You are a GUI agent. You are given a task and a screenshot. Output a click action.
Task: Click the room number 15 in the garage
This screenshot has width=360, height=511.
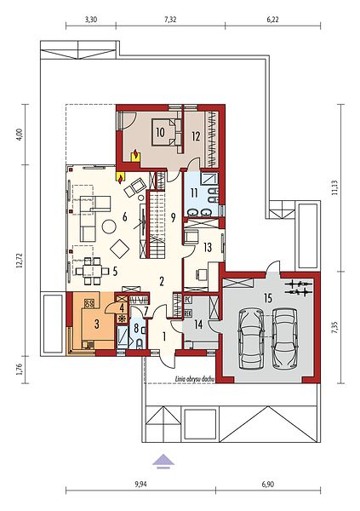tap(268, 298)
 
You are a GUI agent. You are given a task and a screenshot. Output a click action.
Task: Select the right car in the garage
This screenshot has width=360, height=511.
tap(285, 339)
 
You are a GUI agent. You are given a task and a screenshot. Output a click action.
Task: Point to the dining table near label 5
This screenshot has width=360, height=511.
tap(92, 271)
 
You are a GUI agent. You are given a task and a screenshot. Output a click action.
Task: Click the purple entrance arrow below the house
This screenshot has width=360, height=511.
tap(164, 462)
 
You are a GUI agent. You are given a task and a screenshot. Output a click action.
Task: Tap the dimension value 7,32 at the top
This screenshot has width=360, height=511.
tap(170, 20)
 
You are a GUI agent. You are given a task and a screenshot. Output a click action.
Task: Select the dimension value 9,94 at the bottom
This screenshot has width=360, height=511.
tap(140, 484)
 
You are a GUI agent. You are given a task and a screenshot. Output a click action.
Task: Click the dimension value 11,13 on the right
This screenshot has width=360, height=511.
tap(334, 187)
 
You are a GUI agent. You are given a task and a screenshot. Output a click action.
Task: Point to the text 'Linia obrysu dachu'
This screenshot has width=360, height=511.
tap(194, 379)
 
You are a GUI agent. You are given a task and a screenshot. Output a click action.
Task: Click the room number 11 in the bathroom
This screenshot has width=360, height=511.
tap(194, 193)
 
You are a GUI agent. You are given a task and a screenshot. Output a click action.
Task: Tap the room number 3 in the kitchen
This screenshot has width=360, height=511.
tap(96, 324)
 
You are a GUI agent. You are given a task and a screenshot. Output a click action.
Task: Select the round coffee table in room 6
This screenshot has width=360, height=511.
tap(109, 227)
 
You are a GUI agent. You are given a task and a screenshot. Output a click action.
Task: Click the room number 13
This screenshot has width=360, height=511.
tap(208, 247)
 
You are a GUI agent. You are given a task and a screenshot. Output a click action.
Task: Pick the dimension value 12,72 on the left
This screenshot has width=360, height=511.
tap(20, 260)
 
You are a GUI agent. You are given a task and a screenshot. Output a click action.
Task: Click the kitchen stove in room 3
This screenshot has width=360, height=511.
tap(89, 304)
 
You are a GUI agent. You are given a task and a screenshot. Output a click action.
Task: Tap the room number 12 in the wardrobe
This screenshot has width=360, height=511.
tap(196, 136)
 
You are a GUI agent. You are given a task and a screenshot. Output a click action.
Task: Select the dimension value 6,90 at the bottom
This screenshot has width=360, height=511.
tap(268, 484)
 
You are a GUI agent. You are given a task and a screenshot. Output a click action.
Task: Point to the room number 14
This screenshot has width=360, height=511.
tap(198, 324)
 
